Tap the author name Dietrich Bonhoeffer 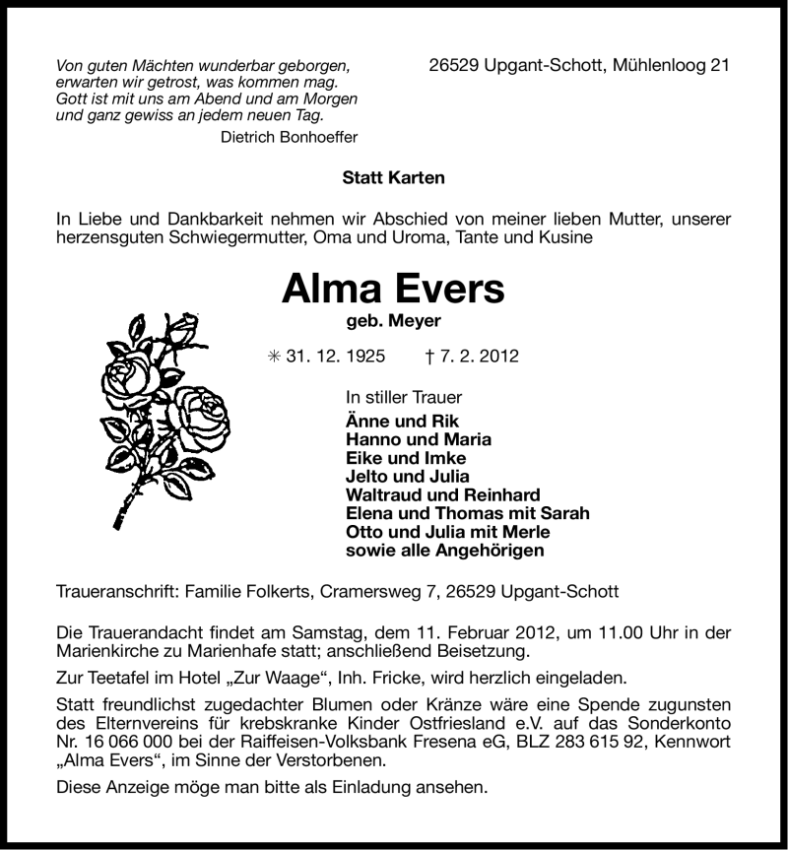(x=289, y=138)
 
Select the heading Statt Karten (x=393, y=178)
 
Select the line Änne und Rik (x=389, y=421)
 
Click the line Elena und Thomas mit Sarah (x=468, y=514)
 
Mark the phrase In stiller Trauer (x=404, y=398)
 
